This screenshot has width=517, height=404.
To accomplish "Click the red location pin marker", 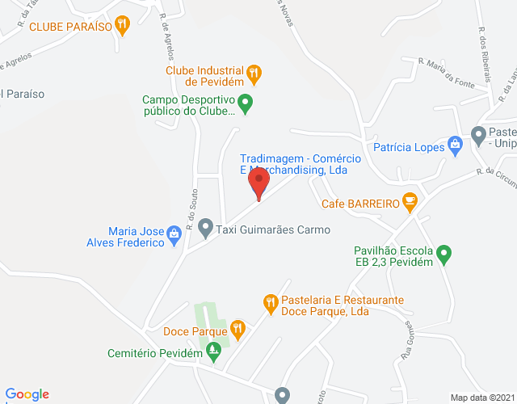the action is click(258, 183).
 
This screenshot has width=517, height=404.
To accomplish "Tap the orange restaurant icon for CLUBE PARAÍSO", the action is click(122, 25).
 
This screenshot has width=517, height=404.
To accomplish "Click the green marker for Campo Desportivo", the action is click(246, 101).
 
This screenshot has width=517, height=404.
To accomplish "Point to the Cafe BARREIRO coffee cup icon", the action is click(410, 202).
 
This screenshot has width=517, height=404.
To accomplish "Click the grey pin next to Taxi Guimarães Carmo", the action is click(205, 229).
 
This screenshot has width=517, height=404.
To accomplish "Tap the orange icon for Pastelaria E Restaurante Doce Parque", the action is click(271, 304).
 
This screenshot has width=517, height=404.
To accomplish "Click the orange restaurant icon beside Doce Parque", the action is click(237, 330).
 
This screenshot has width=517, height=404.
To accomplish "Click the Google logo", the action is click(26, 393).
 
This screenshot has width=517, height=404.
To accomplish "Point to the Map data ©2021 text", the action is click(482, 397).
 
